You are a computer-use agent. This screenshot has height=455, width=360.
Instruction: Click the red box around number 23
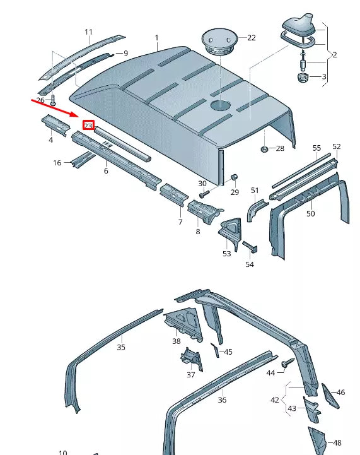(88, 126)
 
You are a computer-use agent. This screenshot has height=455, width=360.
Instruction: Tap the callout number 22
(251, 38)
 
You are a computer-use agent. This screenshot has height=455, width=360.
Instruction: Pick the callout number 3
(325, 77)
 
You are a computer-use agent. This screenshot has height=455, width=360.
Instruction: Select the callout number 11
(88, 32)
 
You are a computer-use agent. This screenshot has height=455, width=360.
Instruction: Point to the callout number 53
(226, 253)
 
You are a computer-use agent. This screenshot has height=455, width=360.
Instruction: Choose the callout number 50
(310, 214)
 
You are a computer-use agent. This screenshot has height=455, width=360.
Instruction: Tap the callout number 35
(121, 346)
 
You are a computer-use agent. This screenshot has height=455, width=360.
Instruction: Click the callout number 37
(190, 374)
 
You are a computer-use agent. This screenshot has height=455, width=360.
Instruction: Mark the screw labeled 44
(287, 363)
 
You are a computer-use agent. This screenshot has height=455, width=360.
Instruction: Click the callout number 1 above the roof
(157, 38)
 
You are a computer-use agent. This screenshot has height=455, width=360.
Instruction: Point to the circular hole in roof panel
(221, 105)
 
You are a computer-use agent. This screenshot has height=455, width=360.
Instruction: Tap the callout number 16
(57, 163)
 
